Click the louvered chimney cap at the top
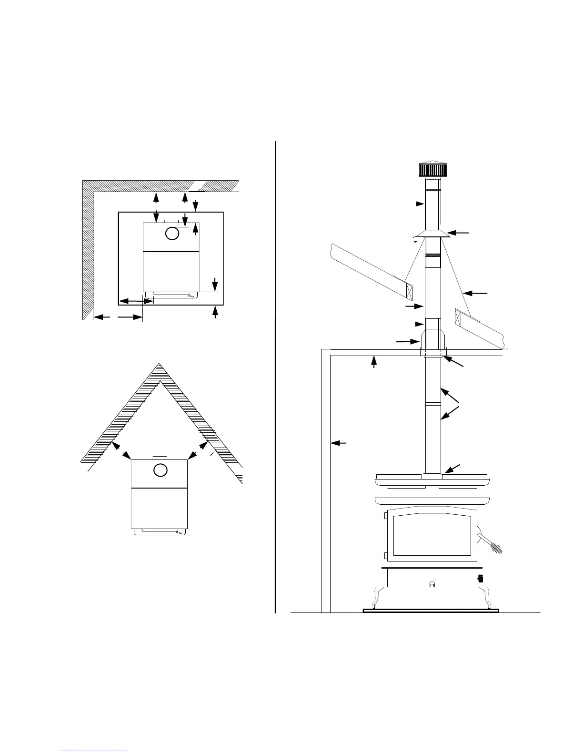click(x=432, y=169)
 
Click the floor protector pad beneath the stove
click(x=431, y=610)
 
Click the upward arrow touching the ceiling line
click(x=374, y=362)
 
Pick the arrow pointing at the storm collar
click(x=459, y=233)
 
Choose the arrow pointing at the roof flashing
click(x=476, y=292)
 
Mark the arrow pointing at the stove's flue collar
click(x=453, y=468)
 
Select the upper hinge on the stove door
click(x=385, y=515)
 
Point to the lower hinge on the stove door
click(x=385, y=555)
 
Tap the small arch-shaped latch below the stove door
click(x=432, y=584)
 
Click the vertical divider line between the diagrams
click(x=276, y=377)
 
